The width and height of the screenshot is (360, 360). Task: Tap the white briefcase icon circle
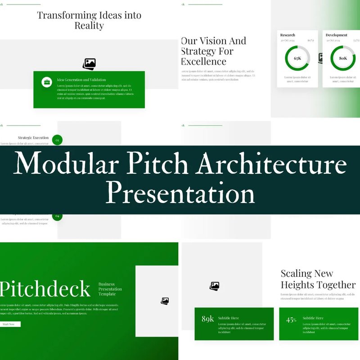pyautogui.click(x=47, y=82)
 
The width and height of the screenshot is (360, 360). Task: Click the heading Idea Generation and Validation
pyautogui.click(x=81, y=80)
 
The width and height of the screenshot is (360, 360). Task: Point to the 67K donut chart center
pyautogui.click(x=297, y=58)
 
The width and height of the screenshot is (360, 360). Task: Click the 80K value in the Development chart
pyautogui.click(x=343, y=58)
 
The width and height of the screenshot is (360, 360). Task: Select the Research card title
pyautogui.click(x=288, y=35)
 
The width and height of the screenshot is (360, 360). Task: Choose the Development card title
pyautogui.click(x=336, y=35)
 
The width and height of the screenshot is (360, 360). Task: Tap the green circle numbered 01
pyautogui.click(x=57, y=140)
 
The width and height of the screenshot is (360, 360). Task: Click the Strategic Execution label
pyautogui.click(x=33, y=138)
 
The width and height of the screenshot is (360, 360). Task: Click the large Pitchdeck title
pyautogui.click(x=45, y=289)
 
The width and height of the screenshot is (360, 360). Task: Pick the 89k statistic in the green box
pyautogui.click(x=208, y=319)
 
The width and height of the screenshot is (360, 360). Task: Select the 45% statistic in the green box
pyautogui.click(x=291, y=320)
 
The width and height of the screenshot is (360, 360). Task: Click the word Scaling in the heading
pyautogui.click(x=297, y=274)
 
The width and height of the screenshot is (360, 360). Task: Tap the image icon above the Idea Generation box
pyautogui.click(x=89, y=64)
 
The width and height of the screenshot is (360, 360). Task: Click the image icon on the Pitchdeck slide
pyautogui.click(x=165, y=301)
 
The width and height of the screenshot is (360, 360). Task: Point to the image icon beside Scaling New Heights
pyautogui.click(x=215, y=286)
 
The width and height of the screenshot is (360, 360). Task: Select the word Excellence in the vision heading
pyautogui.click(x=204, y=62)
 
